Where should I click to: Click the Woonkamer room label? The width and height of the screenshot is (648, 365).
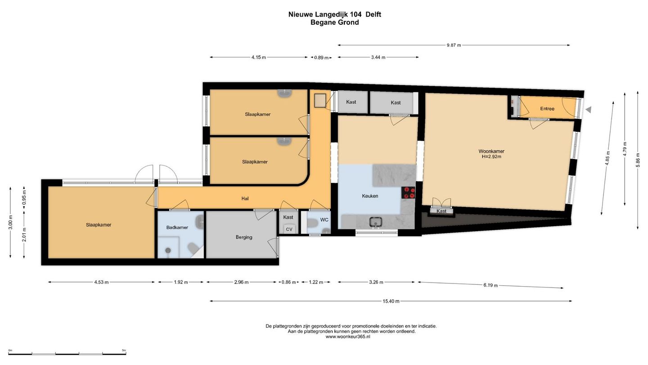(x=491, y=151)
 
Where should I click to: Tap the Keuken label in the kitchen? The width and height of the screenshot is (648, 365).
(x=370, y=196)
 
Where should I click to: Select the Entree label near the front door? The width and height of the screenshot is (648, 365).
(x=547, y=109)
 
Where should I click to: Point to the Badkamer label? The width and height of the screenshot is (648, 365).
(x=177, y=228)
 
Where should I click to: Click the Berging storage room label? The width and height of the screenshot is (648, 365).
(x=244, y=237)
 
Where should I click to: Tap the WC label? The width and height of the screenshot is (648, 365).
(x=324, y=220)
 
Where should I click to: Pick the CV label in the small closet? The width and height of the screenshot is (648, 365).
(x=289, y=229)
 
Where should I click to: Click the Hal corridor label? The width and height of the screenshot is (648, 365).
(x=245, y=198)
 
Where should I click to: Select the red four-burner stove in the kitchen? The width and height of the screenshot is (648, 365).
(x=408, y=193)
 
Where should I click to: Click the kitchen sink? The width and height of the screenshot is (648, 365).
(x=375, y=222)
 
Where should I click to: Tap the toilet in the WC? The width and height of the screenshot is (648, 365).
(x=312, y=224)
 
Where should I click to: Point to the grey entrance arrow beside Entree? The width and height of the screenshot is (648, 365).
(x=589, y=110)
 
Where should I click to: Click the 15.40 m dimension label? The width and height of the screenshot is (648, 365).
(x=391, y=301)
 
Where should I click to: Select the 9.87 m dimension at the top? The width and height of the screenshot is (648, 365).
(x=454, y=45)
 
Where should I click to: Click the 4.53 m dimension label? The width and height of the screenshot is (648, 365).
(x=101, y=282)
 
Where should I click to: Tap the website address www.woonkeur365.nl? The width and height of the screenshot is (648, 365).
(x=348, y=337)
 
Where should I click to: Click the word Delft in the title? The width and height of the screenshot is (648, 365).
(x=373, y=14)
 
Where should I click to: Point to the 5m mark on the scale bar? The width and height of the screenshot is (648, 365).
(x=124, y=351)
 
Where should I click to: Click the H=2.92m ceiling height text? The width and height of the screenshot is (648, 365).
(x=491, y=157)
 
